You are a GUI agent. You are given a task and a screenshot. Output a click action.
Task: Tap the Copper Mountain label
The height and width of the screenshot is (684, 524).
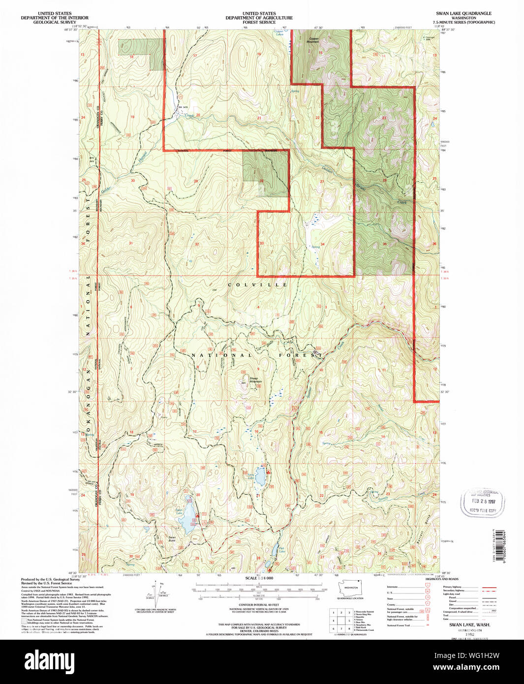pyautogui.click(x=313, y=40)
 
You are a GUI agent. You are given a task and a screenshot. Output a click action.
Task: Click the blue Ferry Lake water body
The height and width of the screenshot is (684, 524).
pyautogui.click(x=260, y=476)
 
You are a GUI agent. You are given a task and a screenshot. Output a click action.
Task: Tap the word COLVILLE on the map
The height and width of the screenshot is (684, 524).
pyautogui.click(x=257, y=285)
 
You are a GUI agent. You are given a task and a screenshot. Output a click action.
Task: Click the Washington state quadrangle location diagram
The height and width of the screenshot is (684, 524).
pyautogui.click(x=350, y=589)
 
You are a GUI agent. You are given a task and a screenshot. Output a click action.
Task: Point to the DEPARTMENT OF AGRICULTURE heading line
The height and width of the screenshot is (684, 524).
pyautogui.click(x=259, y=18)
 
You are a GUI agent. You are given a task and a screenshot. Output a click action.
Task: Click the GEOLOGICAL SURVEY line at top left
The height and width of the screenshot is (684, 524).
pyautogui.click(x=54, y=22)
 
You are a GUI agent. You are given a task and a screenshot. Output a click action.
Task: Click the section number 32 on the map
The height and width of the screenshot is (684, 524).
pyautogui.click(x=197, y=244)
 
